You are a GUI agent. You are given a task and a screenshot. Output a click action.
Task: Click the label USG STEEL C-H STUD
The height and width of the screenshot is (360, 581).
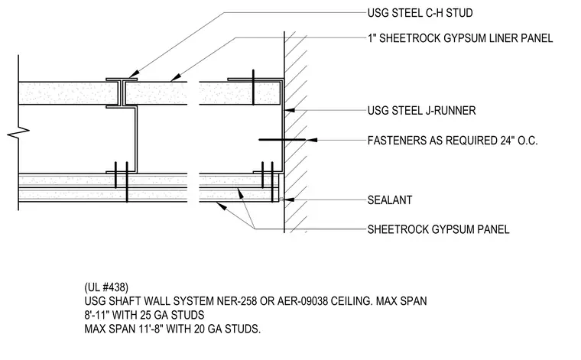pos(420,13)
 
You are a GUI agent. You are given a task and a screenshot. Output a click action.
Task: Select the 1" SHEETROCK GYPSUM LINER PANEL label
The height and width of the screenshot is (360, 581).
pos(460,38)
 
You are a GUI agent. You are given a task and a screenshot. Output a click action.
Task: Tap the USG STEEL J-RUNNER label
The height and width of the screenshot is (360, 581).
pos(422,110)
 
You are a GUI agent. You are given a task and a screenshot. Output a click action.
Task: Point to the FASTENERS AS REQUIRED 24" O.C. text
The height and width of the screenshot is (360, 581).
pos(453,141)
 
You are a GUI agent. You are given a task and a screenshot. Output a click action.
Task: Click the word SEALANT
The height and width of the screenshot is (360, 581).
pos(390,200)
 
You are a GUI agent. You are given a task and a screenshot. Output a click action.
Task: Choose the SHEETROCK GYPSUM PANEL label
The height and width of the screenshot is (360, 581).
pos(438,229)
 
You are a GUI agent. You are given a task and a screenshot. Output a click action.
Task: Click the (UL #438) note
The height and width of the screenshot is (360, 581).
pos(106,287)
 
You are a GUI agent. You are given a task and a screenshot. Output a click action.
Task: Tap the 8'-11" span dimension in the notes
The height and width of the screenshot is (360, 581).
pos(97,315)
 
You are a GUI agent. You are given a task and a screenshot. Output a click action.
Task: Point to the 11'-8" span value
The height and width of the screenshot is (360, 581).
pos(151,329)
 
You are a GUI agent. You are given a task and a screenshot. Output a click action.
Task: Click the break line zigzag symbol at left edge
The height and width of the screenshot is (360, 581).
pos(18,132)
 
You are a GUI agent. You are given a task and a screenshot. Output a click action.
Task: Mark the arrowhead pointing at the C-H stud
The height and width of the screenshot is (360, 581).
pos(133,73)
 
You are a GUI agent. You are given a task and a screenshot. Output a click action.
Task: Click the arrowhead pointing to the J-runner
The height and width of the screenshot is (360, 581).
pos(290,110)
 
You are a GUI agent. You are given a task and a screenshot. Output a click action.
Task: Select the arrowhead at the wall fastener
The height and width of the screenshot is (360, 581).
pos(312,140)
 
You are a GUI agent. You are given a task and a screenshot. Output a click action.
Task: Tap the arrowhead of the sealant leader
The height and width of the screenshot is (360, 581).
pos(290,199)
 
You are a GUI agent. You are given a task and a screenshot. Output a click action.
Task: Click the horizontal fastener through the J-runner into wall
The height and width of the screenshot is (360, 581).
pos(282,140)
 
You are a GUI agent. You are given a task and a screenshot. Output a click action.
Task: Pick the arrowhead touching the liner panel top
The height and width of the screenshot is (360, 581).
pos(176,77)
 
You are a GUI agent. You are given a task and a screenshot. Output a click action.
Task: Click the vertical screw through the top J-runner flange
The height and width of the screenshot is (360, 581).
pos(254,87)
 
